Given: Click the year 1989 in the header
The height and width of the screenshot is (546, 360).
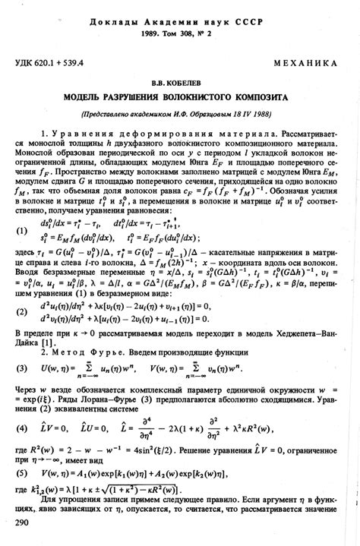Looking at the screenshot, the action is (145, 35).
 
